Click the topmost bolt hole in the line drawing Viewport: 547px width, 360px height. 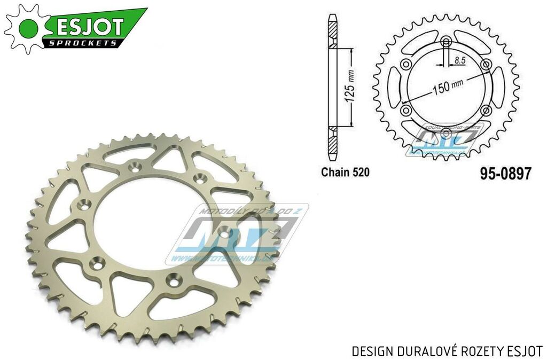446,42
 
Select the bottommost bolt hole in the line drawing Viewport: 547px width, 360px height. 446,131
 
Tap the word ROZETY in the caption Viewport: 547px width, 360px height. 482,350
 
